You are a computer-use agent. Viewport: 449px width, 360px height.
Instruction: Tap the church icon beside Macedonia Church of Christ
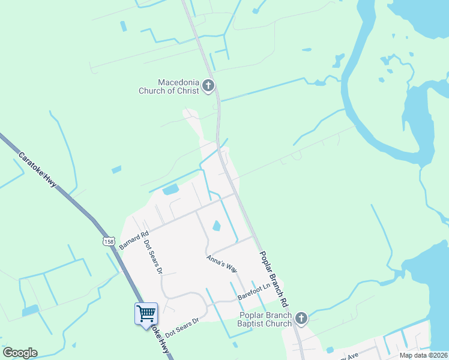click(x=208, y=86)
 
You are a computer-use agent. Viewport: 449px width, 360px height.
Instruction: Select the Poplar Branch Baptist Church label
click(x=265, y=319)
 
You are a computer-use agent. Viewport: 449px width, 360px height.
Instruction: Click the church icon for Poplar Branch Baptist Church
click(x=301, y=319)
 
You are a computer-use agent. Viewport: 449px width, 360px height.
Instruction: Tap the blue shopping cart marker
click(x=146, y=313)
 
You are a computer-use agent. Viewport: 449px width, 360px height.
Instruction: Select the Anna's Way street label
click(x=222, y=263)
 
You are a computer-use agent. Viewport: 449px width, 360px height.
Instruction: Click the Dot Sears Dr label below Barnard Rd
click(x=153, y=257)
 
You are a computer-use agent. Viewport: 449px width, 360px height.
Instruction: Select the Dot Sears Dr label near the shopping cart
click(x=181, y=327)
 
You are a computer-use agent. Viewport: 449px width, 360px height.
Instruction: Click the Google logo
click(x=20, y=353)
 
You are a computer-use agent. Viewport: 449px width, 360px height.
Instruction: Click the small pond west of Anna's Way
click(x=216, y=226)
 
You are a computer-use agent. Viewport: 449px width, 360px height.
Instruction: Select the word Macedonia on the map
click(x=178, y=82)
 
